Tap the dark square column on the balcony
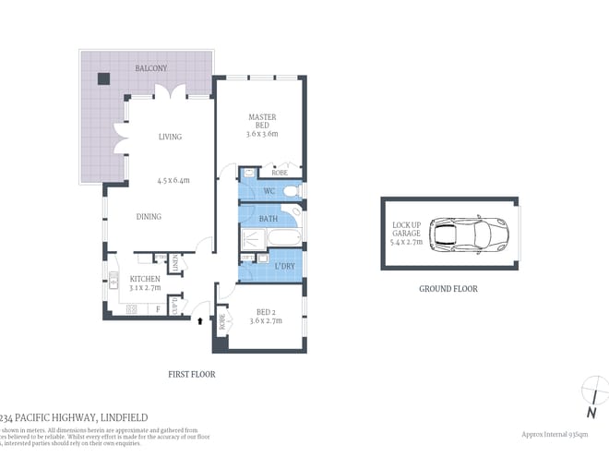click(103, 78)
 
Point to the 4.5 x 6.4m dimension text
click(173, 181)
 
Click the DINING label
click(149, 217)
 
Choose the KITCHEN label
click(145, 278)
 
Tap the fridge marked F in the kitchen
click(158, 308)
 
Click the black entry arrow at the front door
click(199, 321)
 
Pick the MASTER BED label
click(262, 124)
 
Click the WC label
click(269, 191)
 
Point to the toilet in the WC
click(291, 192)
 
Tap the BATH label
click(269, 219)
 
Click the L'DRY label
click(285, 267)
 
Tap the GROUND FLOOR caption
click(448, 289)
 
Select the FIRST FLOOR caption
click(192, 374)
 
